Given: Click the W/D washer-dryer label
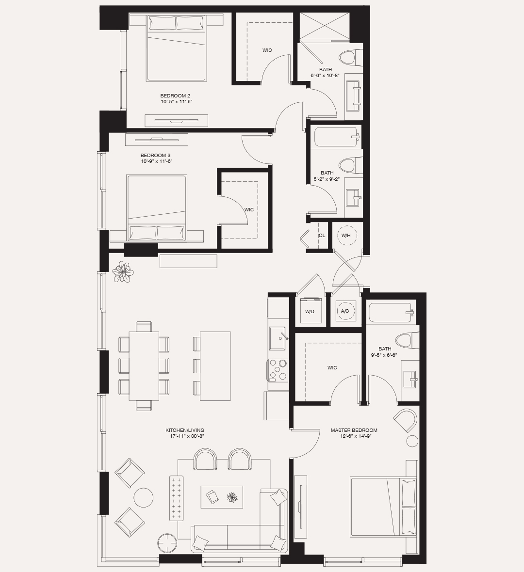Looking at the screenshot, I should pyautogui.click(x=310, y=312).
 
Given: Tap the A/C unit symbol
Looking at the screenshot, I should pyautogui.click(x=345, y=311).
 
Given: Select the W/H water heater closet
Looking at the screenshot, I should pyautogui.click(x=346, y=236).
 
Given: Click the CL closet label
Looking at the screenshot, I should pyautogui.click(x=322, y=236).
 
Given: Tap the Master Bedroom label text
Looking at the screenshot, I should pyautogui.click(x=354, y=430).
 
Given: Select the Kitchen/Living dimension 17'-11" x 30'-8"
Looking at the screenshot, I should pyautogui.click(x=184, y=436).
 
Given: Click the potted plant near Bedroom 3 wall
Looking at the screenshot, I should pyautogui.click(x=123, y=272).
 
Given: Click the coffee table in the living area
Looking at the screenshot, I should pyautogui.click(x=222, y=497).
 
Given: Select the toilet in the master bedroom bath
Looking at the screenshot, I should pyautogui.click(x=407, y=340).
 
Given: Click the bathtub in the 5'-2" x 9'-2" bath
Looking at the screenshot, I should pyautogui.click(x=336, y=137).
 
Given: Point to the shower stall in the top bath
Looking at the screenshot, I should pyautogui.click(x=324, y=27).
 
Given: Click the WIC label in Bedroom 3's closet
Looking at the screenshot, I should pyautogui.click(x=249, y=209).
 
